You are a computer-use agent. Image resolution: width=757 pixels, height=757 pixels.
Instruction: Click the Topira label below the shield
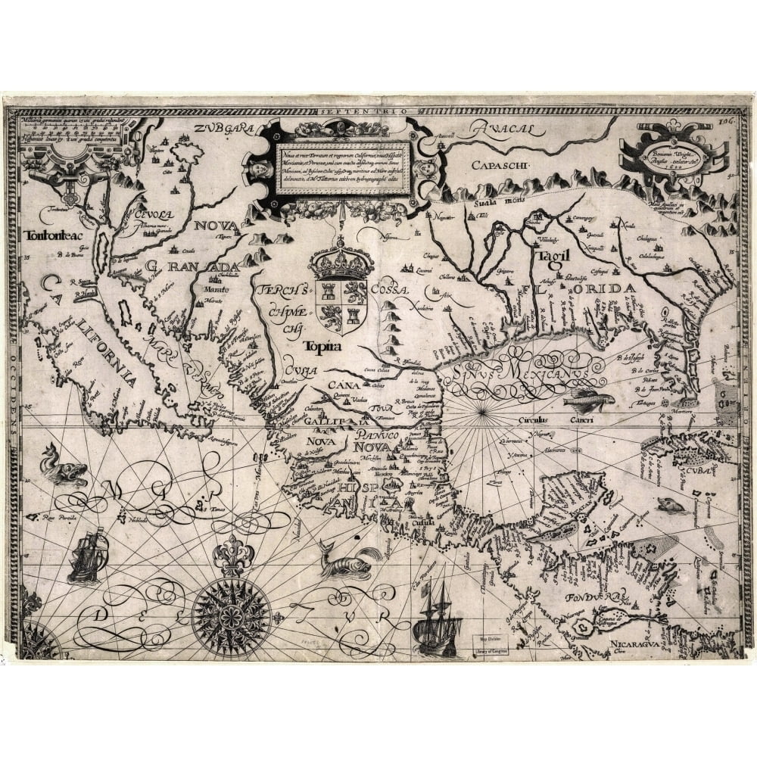tap(322, 347)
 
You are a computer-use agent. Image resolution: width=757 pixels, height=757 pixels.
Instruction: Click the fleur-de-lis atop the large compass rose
tap(232, 556)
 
